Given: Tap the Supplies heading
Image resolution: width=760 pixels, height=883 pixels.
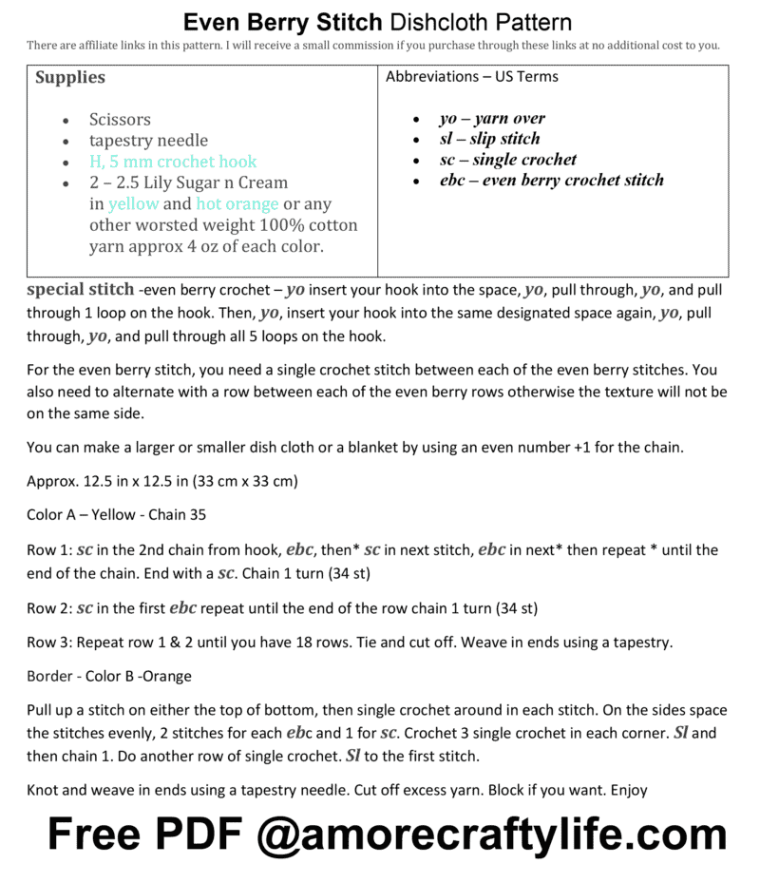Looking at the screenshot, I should click(x=70, y=77).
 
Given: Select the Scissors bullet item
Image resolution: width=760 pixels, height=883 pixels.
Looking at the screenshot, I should click(x=120, y=120).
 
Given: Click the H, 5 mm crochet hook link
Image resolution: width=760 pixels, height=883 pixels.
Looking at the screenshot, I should click(x=173, y=162).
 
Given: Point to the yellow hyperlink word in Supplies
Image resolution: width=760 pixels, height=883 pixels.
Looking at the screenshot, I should click(x=133, y=203).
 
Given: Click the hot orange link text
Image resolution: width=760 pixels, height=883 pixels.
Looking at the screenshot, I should click(x=237, y=203).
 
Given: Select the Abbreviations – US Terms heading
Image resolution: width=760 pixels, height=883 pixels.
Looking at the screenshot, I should click(x=471, y=77).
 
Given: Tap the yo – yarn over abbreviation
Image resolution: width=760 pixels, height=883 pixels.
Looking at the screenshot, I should click(x=491, y=119).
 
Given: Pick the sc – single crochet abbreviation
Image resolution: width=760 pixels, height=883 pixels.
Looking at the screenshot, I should click(x=507, y=160).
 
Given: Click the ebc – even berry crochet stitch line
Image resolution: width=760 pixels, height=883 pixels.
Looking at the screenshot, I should click(x=551, y=180).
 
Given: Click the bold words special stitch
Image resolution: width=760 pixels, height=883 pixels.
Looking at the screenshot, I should click(x=80, y=289).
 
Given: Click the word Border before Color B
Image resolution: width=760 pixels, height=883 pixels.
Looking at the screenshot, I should click(x=48, y=676).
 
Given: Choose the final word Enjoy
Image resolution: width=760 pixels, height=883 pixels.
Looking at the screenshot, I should click(x=629, y=789).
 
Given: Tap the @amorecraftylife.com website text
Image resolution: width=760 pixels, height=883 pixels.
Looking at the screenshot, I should click(x=491, y=834).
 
